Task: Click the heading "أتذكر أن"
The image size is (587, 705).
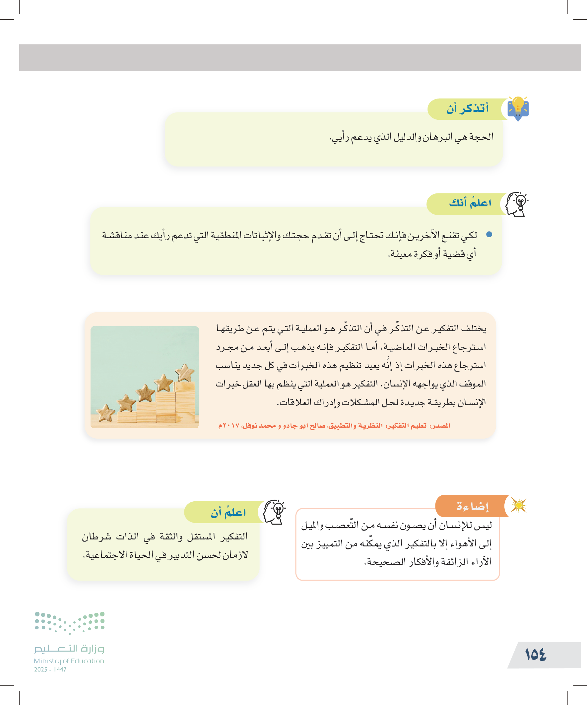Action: tap(467, 108)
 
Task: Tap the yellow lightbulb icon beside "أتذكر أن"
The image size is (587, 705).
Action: tap(518, 107)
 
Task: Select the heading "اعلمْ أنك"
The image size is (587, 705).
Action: tap(470, 203)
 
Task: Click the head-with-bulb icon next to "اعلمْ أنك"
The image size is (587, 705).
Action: tap(516, 204)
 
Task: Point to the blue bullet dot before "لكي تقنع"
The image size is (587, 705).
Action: tap(489, 234)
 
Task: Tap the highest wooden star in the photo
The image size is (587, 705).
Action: tap(185, 373)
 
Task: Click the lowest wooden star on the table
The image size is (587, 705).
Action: tap(105, 413)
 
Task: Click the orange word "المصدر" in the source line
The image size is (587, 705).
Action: tap(440, 426)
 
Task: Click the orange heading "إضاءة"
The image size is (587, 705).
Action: tap(472, 506)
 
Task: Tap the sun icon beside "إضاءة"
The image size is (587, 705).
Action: tap(519, 505)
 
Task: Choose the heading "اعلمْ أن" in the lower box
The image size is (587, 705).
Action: tap(228, 513)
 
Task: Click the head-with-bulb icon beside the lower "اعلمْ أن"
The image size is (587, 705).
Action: tap(275, 512)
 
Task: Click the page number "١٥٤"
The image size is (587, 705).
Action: tap(536, 655)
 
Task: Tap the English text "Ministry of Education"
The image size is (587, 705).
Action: tap(69, 661)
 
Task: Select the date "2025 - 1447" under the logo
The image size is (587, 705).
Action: tap(50, 670)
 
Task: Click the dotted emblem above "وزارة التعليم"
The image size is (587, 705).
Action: tap(69, 623)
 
